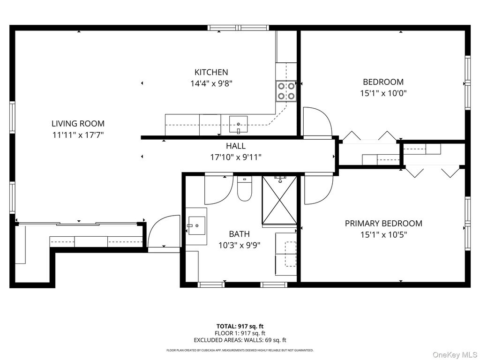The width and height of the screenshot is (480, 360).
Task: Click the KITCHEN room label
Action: [211, 72]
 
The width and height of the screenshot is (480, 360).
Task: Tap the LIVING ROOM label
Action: [78, 124]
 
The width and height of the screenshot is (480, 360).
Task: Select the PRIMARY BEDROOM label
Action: [383, 224]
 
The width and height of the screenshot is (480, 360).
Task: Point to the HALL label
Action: [236, 146]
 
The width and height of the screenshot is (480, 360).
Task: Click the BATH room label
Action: [240, 234]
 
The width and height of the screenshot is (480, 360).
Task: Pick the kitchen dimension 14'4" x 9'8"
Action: [211, 83]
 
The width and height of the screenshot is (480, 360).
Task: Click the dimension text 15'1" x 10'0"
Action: [383, 93]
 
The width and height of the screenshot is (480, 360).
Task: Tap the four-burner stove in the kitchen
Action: [286, 91]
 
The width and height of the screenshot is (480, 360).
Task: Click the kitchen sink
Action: [239, 124]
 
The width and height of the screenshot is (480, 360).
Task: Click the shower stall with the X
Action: [279, 200]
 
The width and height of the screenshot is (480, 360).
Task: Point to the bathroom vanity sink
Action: [196, 225]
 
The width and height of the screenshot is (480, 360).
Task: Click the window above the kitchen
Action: [239, 28]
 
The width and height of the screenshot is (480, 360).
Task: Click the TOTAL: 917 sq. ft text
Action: [240, 326]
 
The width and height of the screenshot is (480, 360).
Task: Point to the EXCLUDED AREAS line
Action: [240, 340]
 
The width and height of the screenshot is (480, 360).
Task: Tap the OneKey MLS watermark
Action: [455, 355]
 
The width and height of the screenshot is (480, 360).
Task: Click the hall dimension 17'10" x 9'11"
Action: [236, 157]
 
